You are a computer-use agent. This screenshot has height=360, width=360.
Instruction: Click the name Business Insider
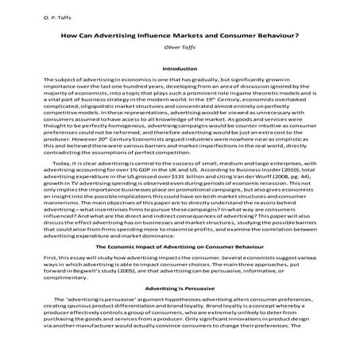(x=285, y=193)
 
